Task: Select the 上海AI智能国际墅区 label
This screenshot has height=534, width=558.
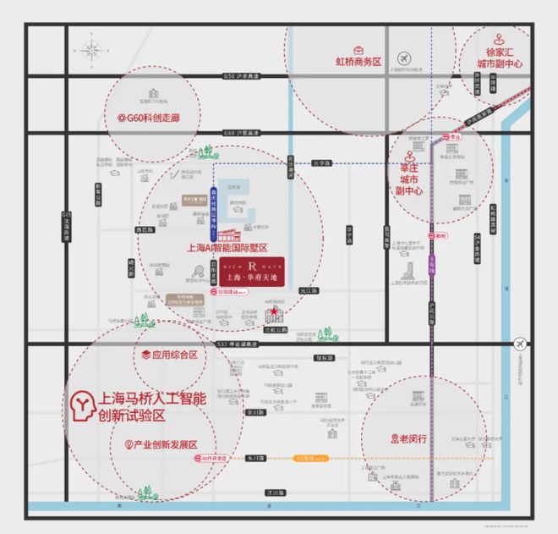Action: [227, 248]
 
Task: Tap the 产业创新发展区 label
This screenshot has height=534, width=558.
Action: [166, 444]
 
